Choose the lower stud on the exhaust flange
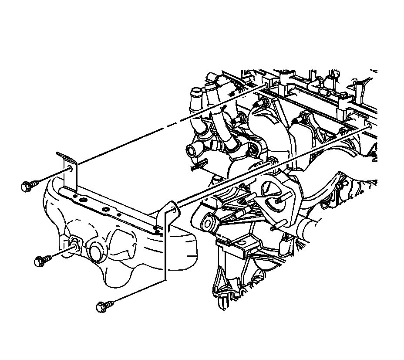coord(274,227)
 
